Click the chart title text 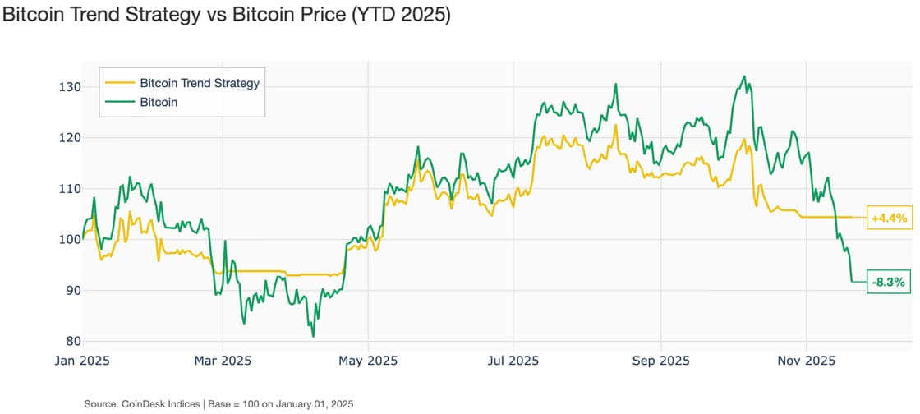[227, 16]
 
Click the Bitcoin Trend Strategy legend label [200, 83]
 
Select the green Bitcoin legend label [159, 103]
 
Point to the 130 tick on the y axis [70, 87]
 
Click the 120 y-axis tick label [70, 138]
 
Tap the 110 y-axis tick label [70, 189]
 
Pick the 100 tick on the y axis [70, 240]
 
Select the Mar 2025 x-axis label [223, 361]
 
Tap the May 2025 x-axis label [367, 361]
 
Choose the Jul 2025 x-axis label [513, 361]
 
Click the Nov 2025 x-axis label [807, 361]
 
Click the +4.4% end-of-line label [890, 218]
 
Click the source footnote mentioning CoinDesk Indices [218, 404]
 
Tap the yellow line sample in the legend [119, 83]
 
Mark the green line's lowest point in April [313, 336]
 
